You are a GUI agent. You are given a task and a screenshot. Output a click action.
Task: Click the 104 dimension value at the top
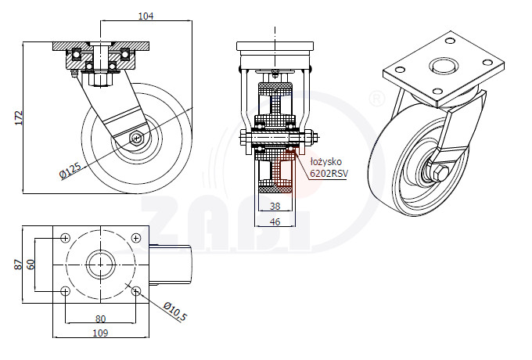coord(146,16)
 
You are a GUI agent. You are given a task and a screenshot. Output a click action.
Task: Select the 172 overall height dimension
coord(19,117)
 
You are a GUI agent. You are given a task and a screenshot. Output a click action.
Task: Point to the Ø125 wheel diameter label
coord(70,171)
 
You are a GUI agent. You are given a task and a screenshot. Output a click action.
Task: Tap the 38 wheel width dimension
coord(275,206)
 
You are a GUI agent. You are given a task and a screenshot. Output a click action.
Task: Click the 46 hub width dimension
coord(275,221)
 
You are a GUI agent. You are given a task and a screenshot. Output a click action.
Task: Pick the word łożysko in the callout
coord(325,162)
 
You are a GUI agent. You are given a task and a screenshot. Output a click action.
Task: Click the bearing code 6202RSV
coord(329,174)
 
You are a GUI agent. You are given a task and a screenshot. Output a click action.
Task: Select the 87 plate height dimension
coord(19,265)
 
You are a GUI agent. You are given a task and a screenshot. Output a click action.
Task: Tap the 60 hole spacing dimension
coord(31,265)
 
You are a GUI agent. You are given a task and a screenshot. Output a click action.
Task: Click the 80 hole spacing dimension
coord(100,319)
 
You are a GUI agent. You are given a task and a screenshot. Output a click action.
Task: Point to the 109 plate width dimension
coord(100,333)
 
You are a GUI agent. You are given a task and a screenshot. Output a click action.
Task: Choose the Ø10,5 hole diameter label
coord(175,311)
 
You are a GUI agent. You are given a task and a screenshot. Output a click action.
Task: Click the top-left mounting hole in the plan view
coord(66,238)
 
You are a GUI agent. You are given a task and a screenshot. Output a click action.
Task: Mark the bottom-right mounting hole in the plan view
coord(135,291)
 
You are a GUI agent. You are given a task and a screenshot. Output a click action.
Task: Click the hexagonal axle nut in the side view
coord(137,138)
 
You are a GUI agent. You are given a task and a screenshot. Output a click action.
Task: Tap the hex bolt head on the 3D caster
coord(440,174)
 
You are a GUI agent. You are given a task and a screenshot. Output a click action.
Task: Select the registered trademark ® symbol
coord(376,99)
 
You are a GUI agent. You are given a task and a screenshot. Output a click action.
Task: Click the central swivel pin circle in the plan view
coord(101,265)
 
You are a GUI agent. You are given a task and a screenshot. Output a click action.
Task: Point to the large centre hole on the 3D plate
coord(444,66)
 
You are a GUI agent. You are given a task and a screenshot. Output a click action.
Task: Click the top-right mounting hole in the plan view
coord(135,238)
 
